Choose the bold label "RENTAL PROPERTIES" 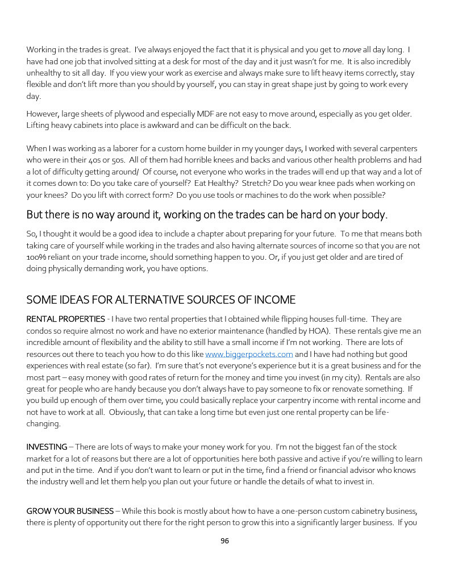[65, 319]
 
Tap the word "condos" [39, 331]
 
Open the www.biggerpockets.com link [248, 354]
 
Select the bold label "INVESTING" [47, 447]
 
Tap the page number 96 [224, 541]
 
